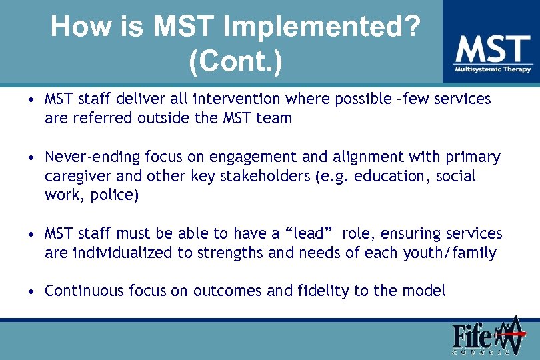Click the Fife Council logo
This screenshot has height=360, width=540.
pyautogui.click(x=486, y=337)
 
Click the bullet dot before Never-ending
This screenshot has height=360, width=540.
pyautogui.click(x=31, y=158)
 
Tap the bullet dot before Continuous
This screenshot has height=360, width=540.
pyautogui.click(x=31, y=292)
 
